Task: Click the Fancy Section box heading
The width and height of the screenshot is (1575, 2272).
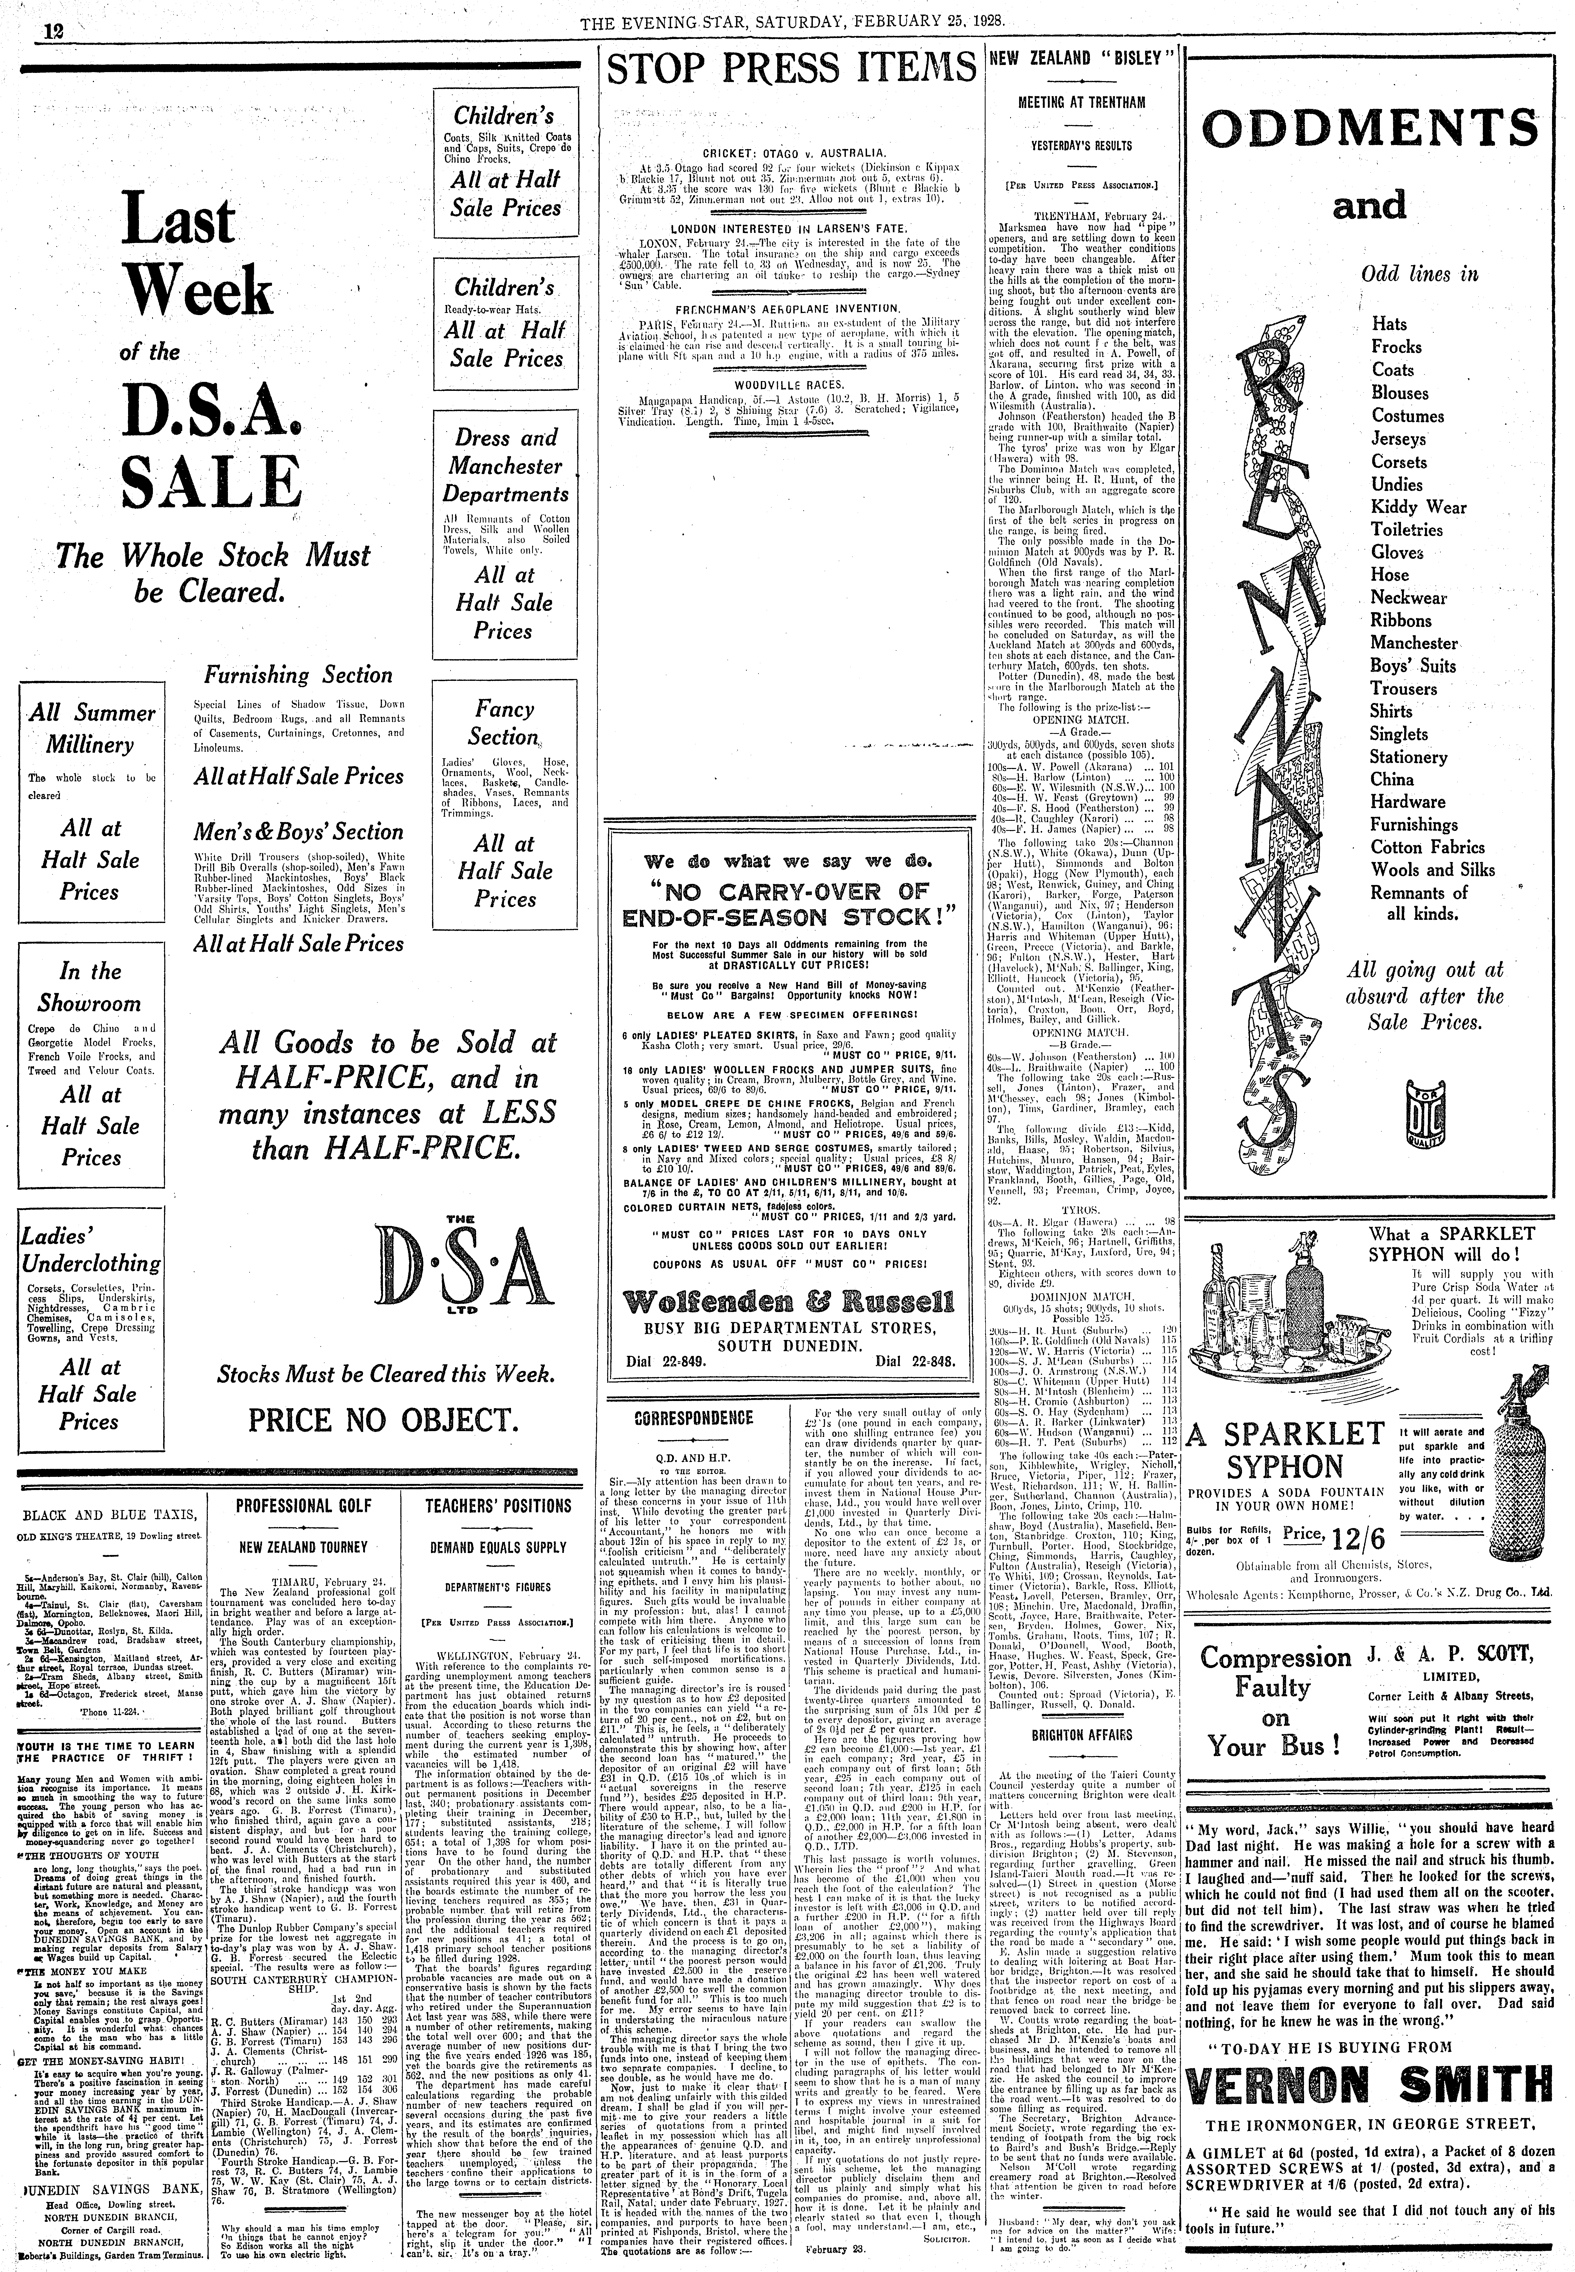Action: click(x=504, y=723)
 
